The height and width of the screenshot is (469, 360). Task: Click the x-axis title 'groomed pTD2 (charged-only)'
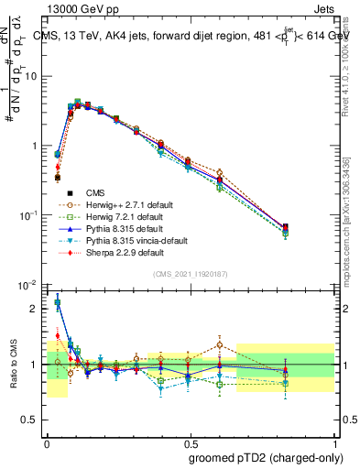coord(266,458)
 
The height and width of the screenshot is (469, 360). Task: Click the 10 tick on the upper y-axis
coord(31,76)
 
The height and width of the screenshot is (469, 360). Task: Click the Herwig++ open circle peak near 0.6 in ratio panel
coord(220,345)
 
